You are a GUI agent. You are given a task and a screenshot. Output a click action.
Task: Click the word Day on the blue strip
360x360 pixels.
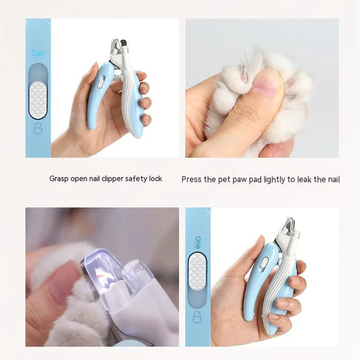click(38, 53)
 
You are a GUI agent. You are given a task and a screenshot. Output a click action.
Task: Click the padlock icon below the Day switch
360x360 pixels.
click(38, 130)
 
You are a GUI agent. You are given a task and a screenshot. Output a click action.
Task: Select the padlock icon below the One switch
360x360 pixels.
click(198, 318)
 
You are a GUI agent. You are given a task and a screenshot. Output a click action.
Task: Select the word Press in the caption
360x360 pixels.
click(191, 180)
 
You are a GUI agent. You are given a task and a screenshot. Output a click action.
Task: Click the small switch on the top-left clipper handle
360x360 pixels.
click(101, 82)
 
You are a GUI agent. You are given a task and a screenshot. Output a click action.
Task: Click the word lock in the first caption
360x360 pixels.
click(155, 179)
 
